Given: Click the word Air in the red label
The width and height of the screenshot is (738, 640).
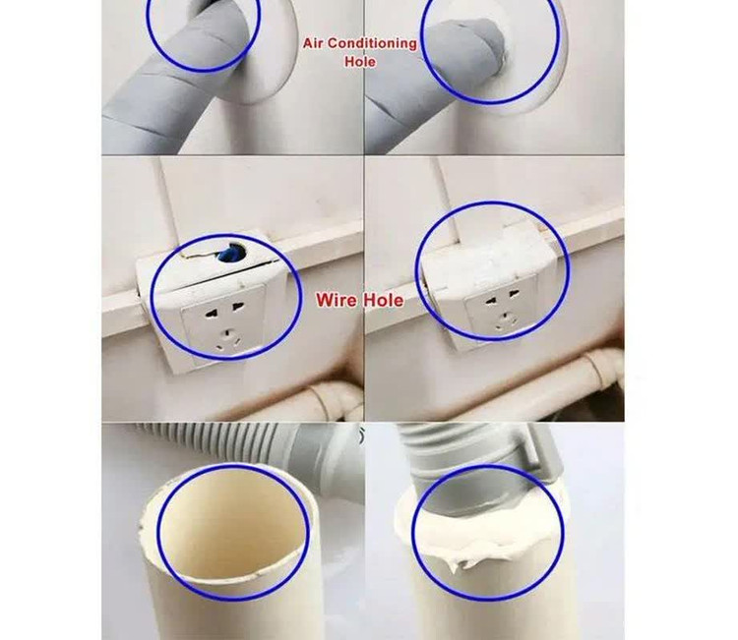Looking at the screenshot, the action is (x=313, y=43).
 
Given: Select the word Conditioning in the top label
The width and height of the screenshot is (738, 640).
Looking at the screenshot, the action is (x=372, y=43).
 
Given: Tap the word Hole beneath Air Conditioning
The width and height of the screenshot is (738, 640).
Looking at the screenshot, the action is (x=360, y=62).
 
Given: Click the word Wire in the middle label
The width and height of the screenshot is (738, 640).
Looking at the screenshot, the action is (x=336, y=300).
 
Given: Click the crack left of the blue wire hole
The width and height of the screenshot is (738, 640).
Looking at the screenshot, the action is (x=199, y=257).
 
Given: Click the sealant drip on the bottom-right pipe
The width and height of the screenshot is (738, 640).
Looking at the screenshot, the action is (x=455, y=563).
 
